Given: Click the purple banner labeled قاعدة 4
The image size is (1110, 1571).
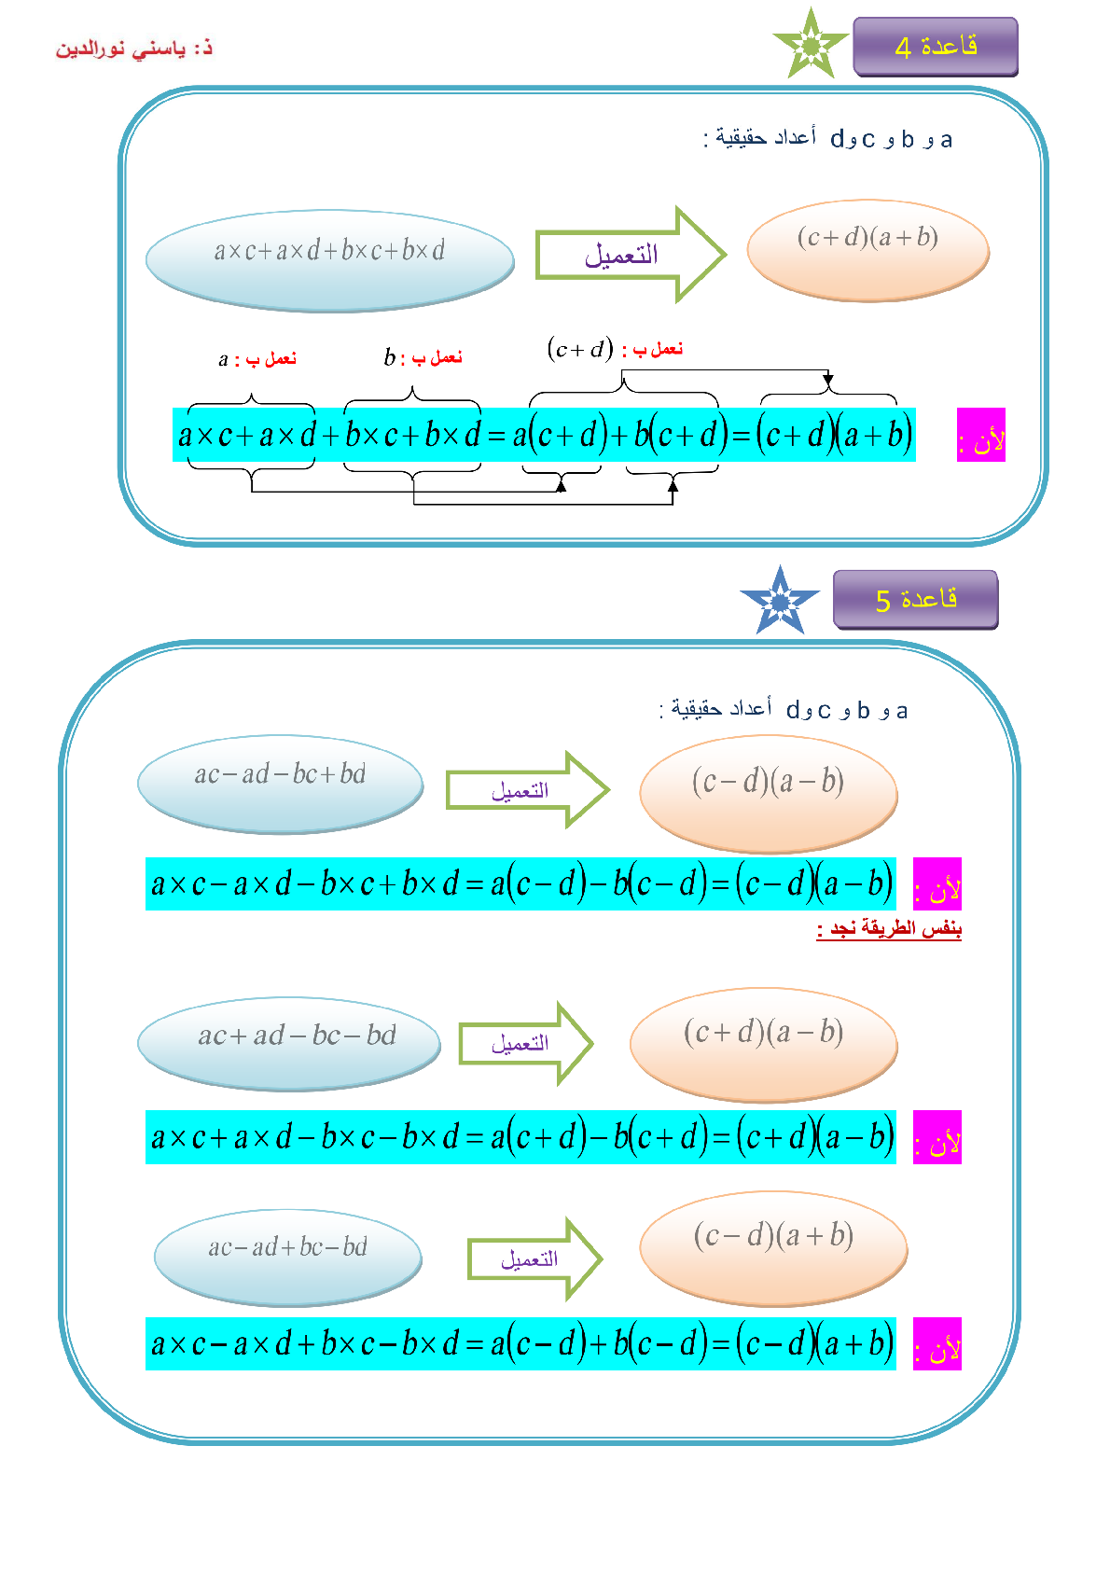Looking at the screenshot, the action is pos(935,47).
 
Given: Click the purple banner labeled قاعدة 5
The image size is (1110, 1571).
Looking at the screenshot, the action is pos(915,600).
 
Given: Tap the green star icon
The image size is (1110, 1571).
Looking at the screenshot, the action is pos(811,44).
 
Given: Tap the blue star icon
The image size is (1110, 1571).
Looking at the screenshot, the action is pos(780,601).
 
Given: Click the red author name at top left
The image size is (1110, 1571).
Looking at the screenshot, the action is pos(134,49).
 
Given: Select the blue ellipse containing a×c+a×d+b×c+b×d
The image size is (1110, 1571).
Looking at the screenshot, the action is pos(329,260).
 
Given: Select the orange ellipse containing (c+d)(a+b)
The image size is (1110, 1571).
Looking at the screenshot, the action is pos(868,250).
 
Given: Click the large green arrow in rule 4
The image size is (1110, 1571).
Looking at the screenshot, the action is pos(631,255).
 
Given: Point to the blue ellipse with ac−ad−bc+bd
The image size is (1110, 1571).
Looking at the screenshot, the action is pos(281,784).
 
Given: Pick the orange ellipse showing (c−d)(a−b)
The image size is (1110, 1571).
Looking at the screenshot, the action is pos(769,793).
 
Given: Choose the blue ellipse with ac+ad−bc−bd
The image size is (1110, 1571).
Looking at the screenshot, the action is pos(289,1044).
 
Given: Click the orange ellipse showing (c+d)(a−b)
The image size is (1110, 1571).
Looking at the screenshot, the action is pos(764,1044).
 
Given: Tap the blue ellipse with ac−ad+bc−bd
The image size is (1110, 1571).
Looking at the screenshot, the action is pos(287,1258).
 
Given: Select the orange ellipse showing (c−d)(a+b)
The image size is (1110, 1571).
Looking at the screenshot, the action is pos(773,1248).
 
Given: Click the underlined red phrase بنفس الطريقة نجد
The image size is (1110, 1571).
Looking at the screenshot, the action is pos(888,928).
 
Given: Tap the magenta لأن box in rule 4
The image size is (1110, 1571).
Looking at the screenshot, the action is pos(981,435).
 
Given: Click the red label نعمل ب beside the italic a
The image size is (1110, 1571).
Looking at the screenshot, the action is pos(271,359).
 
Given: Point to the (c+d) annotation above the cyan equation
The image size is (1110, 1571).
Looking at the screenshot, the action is pos(580,349).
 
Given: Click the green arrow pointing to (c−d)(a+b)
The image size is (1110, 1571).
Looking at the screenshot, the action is pos(535,1258).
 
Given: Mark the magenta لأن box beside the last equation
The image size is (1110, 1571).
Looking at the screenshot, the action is pos(937,1343).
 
